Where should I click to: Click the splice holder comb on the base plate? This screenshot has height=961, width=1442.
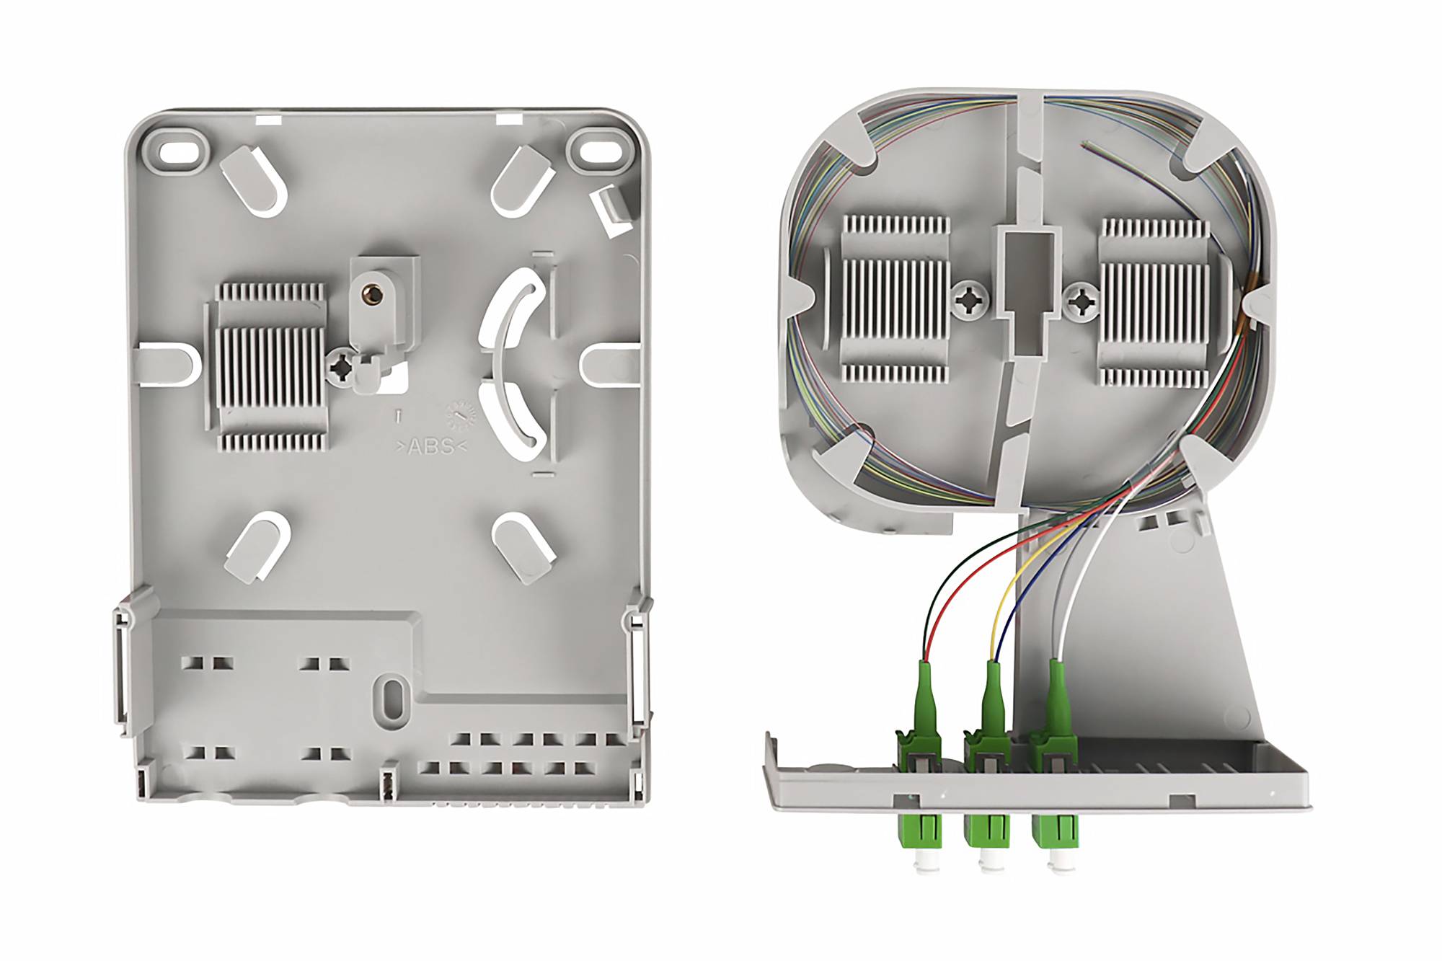(272, 367)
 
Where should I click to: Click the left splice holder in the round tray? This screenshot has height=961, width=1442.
(895, 298)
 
